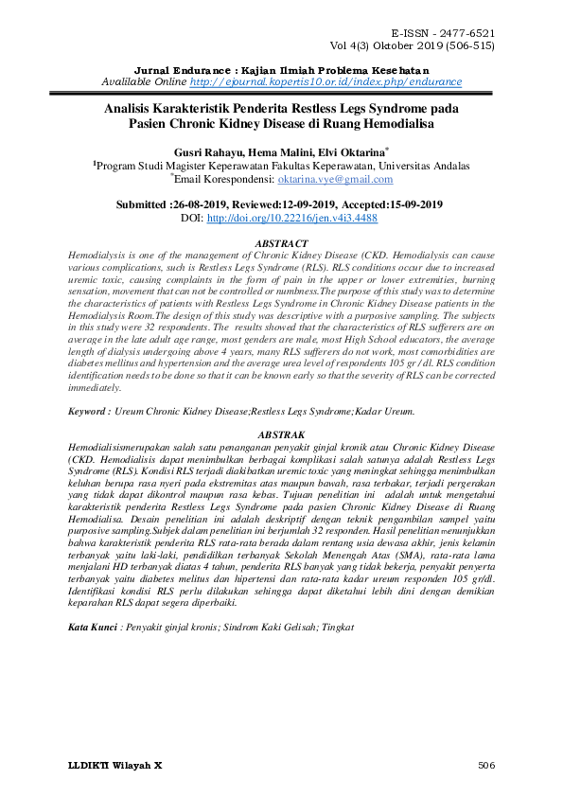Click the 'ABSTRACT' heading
pos(282,243)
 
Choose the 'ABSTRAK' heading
pos(282,431)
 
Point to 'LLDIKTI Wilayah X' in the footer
pos(115,764)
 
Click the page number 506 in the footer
pos(486,764)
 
